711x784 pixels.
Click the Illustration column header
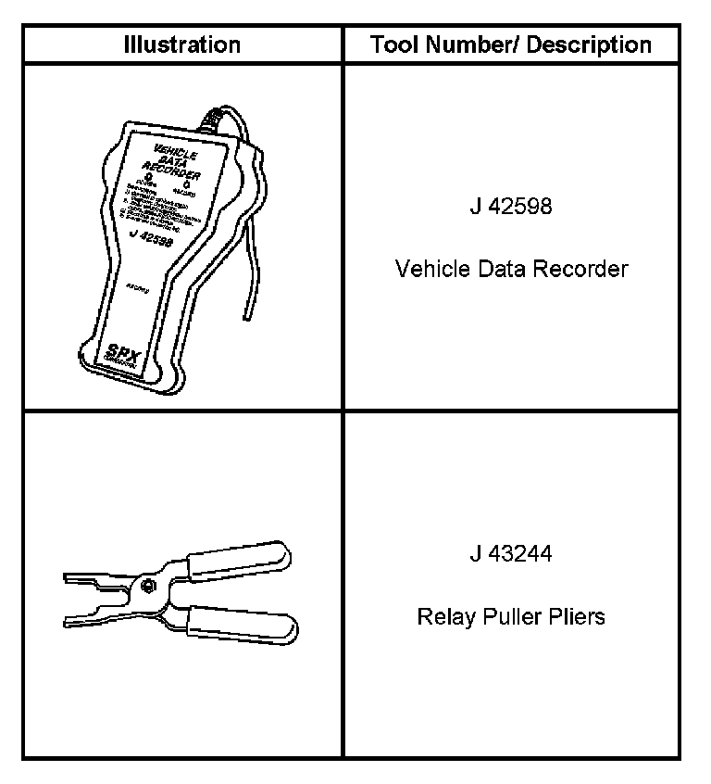point(182,44)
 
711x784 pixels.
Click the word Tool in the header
point(392,44)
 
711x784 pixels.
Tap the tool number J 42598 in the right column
point(510,206)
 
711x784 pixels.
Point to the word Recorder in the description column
point(586,269)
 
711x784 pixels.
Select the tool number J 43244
point(510,554)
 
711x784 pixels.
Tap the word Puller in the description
point(508,616)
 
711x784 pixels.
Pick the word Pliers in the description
point(576,616)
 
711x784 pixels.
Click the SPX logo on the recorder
point(118,354)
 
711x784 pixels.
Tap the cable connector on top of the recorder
point(211,121)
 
